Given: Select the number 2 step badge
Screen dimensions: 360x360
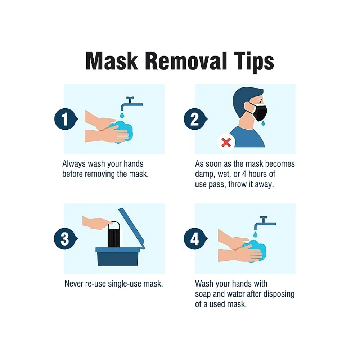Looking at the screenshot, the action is [x=195, y=119].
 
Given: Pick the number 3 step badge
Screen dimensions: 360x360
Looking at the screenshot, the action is [x=66, y=239].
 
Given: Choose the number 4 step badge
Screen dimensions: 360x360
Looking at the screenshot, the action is [x=195, y=239].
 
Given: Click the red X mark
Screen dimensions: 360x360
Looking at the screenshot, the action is [x=226, y=143].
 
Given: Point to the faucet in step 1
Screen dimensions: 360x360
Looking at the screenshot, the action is [x=131, y=104].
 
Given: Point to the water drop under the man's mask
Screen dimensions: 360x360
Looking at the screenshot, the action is [x=263, y=123].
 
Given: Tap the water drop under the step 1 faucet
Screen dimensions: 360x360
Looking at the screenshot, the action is [x=122, y=114].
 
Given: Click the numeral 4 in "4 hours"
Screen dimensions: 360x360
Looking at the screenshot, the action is [x=244, y=174].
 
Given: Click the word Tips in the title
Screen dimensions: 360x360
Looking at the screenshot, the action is [x=254, y=62].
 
